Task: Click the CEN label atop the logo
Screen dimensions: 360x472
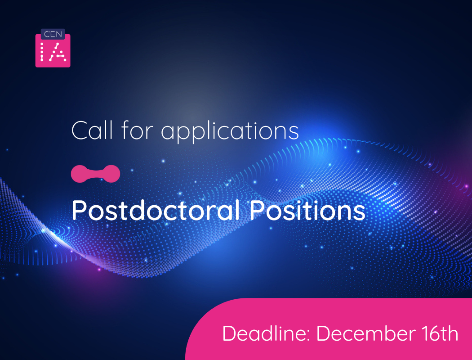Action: pos(53,34)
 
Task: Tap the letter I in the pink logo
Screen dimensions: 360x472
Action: pos(43,52)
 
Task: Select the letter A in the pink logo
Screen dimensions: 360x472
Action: pos(58,52)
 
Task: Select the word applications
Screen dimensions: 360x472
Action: pos(230,131)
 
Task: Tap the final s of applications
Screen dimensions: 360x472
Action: pos(294,131)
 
